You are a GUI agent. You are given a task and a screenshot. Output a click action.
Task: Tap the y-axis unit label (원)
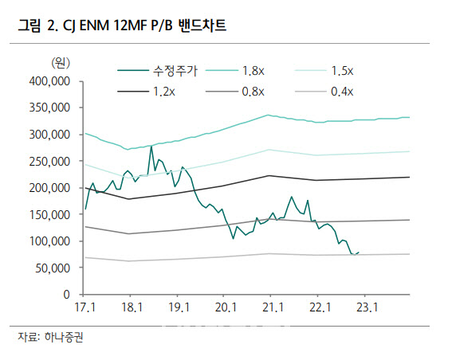coord(61,62)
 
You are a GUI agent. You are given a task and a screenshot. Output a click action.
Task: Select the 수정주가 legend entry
coord(157,71)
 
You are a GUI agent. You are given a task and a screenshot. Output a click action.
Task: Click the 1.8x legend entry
coord(235,71)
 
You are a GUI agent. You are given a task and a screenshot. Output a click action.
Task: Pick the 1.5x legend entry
coord(324,71)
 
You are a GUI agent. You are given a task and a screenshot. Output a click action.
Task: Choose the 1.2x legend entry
coord(146,92)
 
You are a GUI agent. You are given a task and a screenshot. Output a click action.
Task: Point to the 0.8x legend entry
coord(235,92)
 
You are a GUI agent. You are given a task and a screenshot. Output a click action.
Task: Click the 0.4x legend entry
coord(324,92)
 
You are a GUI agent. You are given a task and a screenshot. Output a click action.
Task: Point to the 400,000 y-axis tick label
coord(49,81)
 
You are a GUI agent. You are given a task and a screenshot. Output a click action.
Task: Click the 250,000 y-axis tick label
coord(49,161)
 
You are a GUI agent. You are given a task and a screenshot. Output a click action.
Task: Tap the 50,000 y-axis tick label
coord(53,268)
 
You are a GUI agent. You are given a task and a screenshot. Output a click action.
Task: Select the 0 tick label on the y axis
coord(67,295)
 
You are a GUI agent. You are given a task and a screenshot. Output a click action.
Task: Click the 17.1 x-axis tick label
coord(85,307)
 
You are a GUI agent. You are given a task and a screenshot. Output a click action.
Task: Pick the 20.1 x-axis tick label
coord(226,307)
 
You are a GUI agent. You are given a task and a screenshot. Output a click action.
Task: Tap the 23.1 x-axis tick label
coord(367,307)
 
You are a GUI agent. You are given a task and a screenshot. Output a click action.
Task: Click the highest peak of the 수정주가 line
coord(151,147)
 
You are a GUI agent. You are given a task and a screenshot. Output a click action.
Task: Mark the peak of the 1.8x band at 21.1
coord(268,115)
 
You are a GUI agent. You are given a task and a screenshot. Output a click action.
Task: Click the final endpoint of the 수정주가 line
coord(359,252)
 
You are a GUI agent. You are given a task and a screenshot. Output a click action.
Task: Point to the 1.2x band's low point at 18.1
coord(129,199)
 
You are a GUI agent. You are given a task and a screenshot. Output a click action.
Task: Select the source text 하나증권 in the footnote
coord(64,337)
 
